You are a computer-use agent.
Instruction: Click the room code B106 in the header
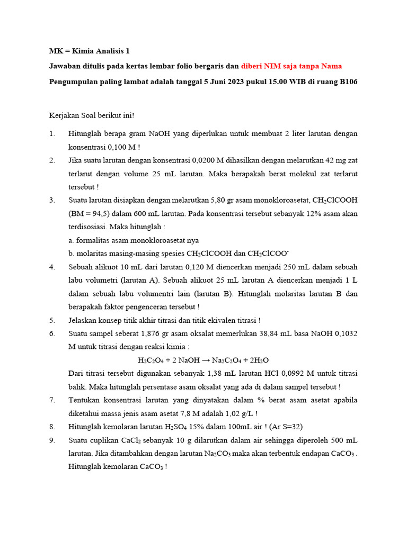[x=347, y=82]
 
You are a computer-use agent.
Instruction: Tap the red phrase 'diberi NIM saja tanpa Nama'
[x=291, y=66]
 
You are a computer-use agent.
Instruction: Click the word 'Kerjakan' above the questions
[x=63, y=115]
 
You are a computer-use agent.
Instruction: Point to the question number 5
[x=52, y=320]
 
